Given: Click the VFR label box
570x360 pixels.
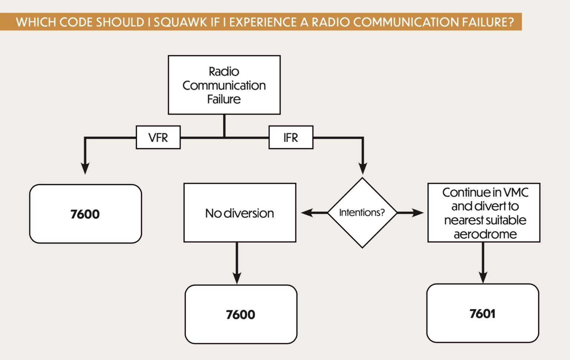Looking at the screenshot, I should pos(158,138).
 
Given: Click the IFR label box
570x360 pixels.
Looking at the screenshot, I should pos(291,138).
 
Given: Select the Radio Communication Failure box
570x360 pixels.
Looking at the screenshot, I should pos(224,85).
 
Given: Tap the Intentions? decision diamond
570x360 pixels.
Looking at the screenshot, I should pos(362,213).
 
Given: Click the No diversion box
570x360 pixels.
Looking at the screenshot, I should pos(240,213).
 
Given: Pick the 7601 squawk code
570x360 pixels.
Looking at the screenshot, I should pos(482,314).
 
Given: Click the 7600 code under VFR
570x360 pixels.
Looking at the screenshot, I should pos(85,214).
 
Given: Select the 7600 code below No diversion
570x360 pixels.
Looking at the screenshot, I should pos(240,315).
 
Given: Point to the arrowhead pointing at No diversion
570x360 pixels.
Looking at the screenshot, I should pos(307,213).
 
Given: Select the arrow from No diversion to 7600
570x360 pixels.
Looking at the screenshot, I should pos(237,264).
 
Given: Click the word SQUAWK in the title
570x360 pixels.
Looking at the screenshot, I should pos(181,22).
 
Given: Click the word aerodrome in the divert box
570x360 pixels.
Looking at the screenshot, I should pos(485,234).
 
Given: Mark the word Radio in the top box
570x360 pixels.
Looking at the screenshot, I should pos(224,71).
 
